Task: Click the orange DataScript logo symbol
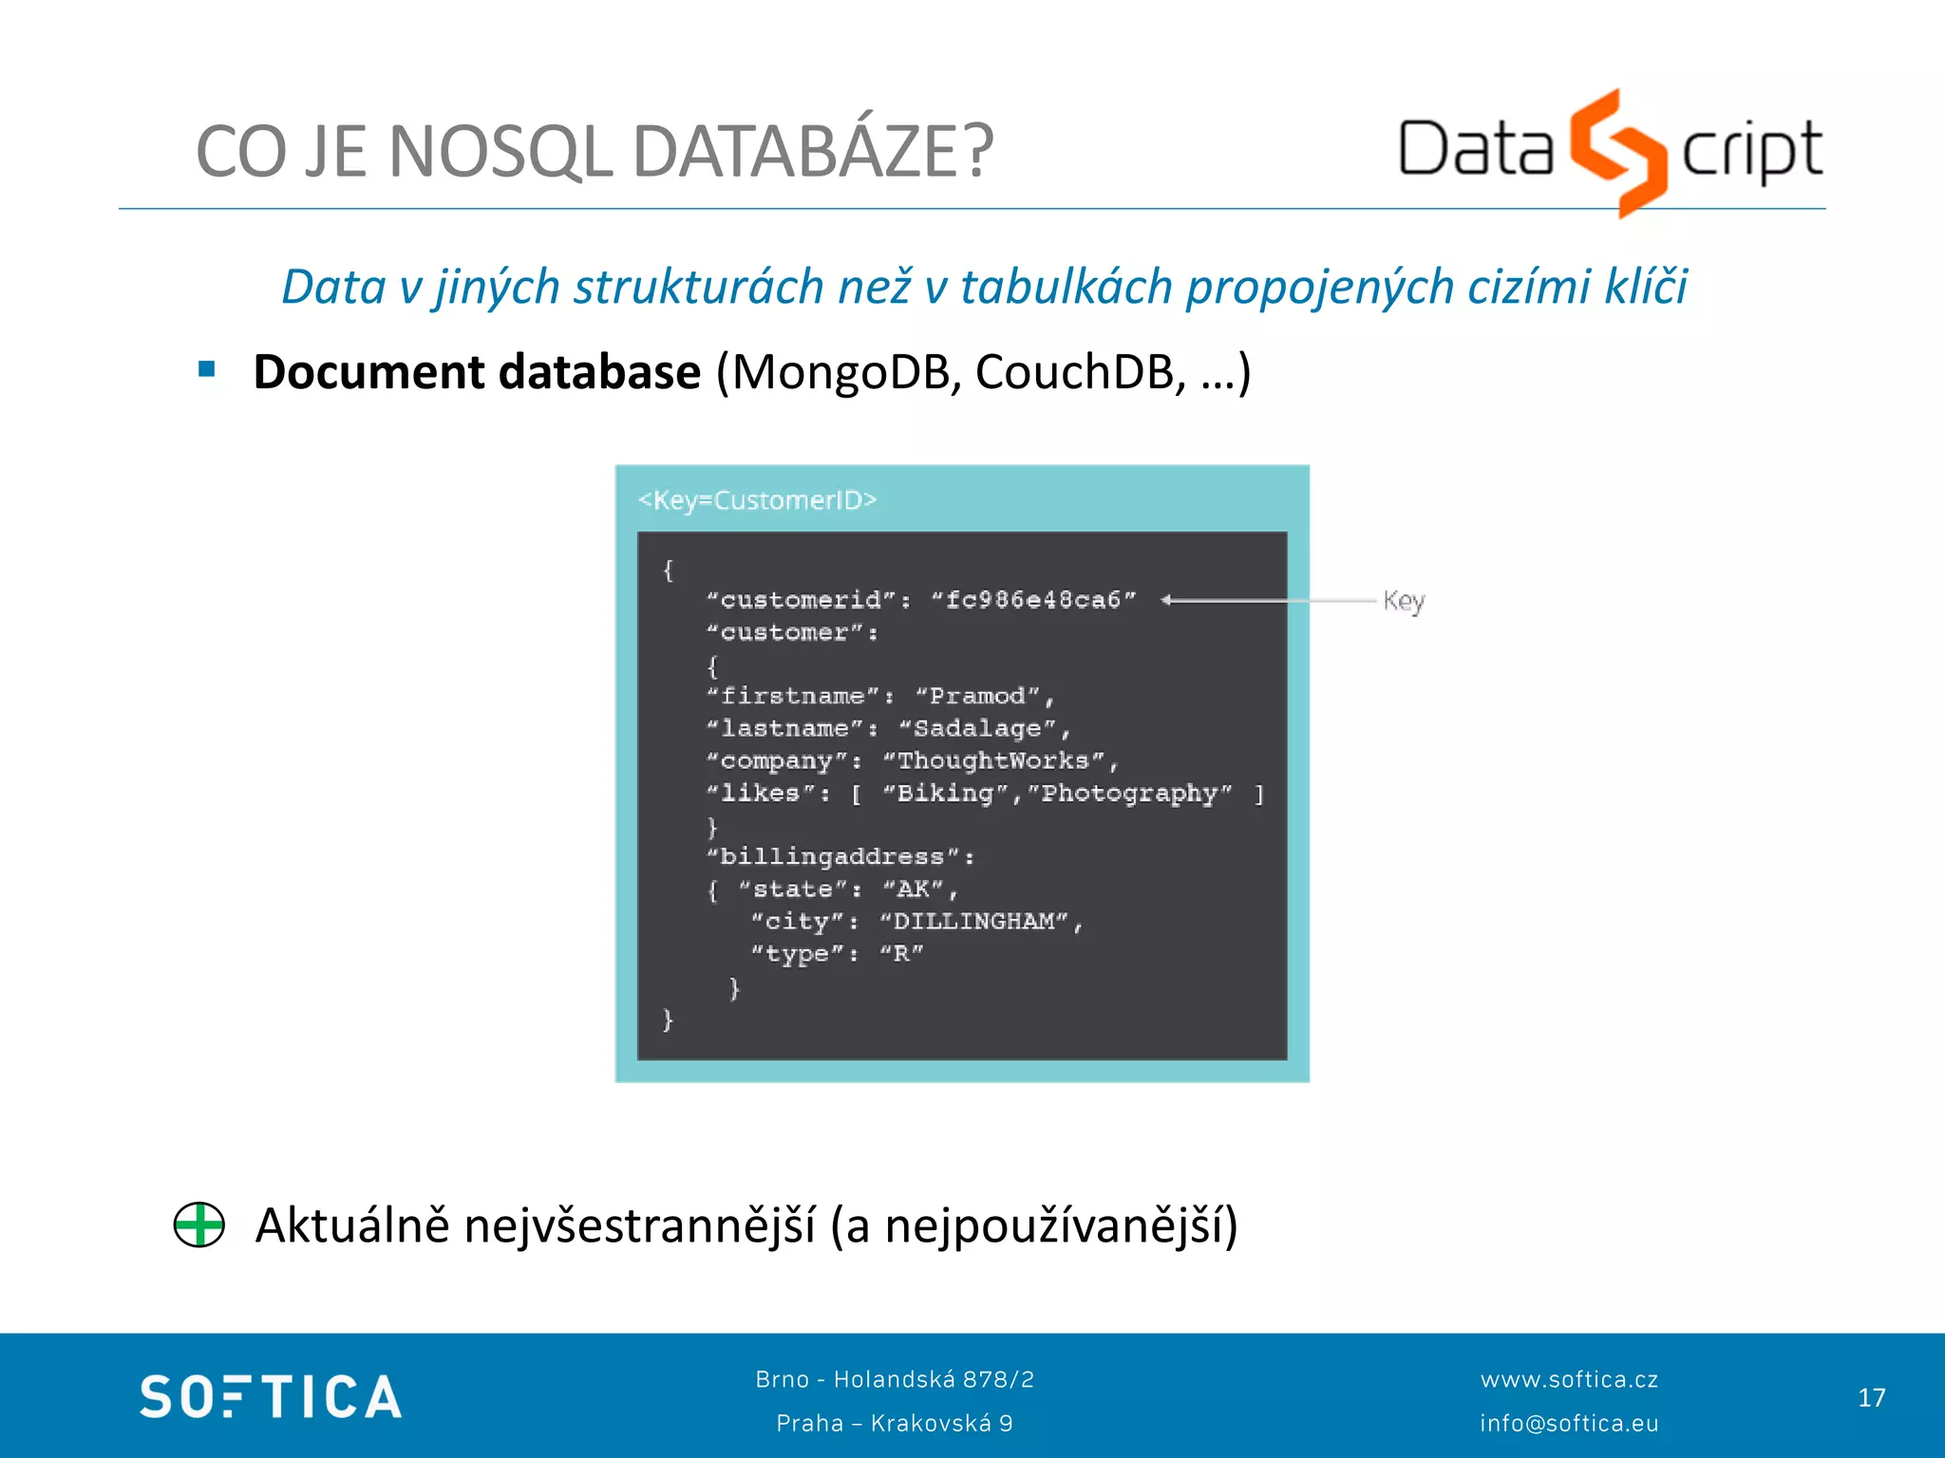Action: [1617, 152]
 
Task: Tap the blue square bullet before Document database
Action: [207, 369]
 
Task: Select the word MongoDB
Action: [841, 372]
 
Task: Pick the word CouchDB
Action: [1080, 372]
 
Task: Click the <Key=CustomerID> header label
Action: [757, 500]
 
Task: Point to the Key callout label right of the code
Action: [1403, 601]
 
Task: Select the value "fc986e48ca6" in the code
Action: [1033, 600]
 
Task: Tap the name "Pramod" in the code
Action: [978, 696]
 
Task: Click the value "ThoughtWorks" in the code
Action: [993, 760]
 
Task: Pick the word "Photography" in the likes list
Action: [1129, 793]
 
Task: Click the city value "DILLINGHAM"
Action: [973, 921]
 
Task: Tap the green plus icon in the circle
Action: [199, 1224]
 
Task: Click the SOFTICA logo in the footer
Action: [271, 1397]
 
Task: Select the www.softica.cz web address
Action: [1569, 1379]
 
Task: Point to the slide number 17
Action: [1871, 1397]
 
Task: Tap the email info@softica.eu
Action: [1569, 1423]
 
